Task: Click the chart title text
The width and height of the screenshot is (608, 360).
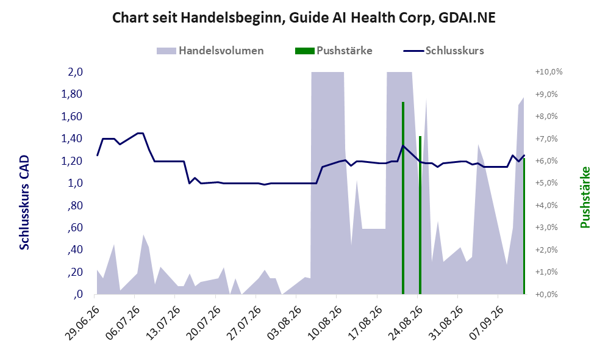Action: click(x=304, y=18)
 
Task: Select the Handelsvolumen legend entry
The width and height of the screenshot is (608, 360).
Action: click(x=210, y=51)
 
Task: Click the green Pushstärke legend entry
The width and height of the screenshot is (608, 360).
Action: click(x=334, y=51)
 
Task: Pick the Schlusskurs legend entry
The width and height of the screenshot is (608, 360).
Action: click(x=443, y=51)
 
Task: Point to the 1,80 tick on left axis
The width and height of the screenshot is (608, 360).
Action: click(x=72, y=94)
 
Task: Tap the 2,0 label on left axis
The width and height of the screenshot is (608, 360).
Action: click(x=75, y=72)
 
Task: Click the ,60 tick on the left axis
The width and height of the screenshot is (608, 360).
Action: click(x=75, y=228)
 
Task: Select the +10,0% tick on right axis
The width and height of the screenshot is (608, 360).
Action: click(x=549, y=72)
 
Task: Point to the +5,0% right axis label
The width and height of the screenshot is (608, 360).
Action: click(x=546, y=182)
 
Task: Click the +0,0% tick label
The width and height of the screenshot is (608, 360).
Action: click(x=546, y=294)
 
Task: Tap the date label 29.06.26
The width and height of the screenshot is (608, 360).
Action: click(x=82, y=324)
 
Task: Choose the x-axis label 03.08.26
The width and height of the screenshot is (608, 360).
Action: click(x=284, y=324)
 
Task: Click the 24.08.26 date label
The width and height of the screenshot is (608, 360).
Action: click(x=404, y=324)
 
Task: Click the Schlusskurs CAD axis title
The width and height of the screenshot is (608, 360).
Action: click(x=24, y=202)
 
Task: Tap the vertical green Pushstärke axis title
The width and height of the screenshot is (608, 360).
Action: click(x=585, y=198)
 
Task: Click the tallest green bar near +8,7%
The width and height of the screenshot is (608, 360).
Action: click(x=403, y=198)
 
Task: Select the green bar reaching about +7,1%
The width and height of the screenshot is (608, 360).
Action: click(x=420, y=215)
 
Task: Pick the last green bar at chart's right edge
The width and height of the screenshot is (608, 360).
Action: click(x=524, y=226)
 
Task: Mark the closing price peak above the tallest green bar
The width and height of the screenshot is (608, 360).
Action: click(x=403, y=146)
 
